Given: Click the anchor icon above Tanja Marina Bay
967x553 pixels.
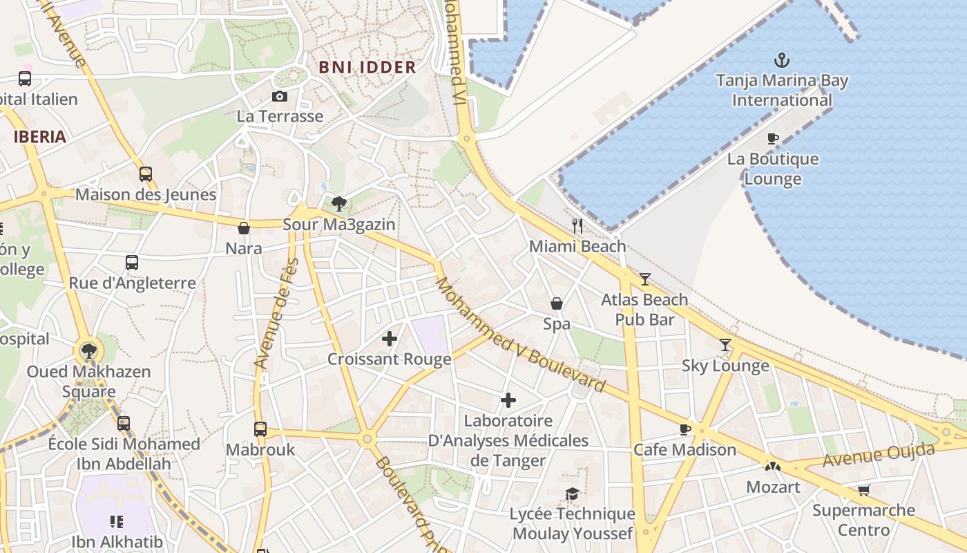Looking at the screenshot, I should (x=782, y=60).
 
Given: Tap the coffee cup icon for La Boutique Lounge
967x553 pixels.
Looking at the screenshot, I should (x=773, y=139).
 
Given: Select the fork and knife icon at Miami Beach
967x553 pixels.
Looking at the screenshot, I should (x=577, y=226).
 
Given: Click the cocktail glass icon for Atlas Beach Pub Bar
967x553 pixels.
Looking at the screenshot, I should (x=644, y=279).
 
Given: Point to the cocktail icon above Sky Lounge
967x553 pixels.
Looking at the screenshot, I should (x=725, y=345).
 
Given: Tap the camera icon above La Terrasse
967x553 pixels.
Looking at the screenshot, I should (x=279, y=96).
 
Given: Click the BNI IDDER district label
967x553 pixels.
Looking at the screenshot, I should (x=367, y=67).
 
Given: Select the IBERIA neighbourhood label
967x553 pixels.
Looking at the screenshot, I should (x=40, y=136).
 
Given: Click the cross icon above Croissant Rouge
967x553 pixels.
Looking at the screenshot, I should (x=390, y=339).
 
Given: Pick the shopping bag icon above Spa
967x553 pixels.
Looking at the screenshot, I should (x=556, y=303).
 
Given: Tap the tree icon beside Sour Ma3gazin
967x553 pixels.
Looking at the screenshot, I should (x=338, y=204).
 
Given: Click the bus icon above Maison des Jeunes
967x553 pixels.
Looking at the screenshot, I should (x=145, y=174).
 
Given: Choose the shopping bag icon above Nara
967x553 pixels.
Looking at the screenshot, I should (x=243, y=228).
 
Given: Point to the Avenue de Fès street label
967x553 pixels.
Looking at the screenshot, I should (x=276, y=312).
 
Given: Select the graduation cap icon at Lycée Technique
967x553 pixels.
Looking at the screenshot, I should (x=572, y=494).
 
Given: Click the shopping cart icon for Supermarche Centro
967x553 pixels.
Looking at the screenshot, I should (x=863, y=491).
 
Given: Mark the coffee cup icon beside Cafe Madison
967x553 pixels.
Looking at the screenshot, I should (x=684, y=429).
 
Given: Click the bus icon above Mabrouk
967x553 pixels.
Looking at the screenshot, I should (x=260, y=429).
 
